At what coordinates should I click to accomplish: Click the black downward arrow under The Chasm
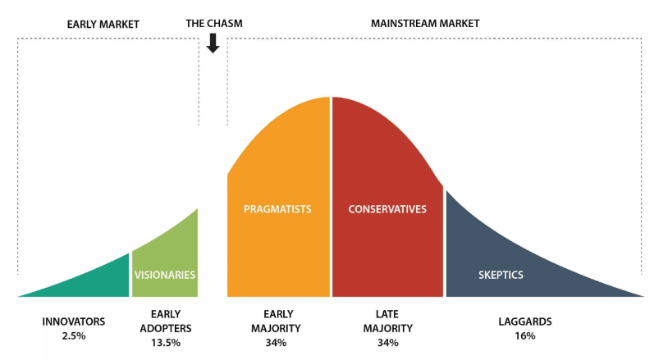[213, 43]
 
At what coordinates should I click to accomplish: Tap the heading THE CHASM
[214, 24]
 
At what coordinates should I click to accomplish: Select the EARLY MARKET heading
[103, 25]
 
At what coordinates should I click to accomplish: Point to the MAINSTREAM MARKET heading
[425, 24]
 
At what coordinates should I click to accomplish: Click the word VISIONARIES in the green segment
[165, 275]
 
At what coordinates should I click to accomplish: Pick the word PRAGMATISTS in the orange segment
[277, 209]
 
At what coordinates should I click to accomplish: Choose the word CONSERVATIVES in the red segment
[387, 209]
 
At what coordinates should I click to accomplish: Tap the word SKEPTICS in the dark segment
[501, 275]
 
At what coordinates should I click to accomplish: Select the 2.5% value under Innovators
[74, 335]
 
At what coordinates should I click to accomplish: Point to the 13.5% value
[166, 343]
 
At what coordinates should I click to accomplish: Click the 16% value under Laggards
[525, 335]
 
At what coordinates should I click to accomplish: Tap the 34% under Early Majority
[276, 343]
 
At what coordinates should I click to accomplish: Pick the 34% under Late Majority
[387, 343]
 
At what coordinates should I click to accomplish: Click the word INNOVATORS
[74, 321]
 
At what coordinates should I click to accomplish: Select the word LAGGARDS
[525, 321]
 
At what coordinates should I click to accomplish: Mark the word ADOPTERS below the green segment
[166, 329]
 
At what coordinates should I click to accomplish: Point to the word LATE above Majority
[387, 314]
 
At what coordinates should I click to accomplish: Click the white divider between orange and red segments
[331, 197]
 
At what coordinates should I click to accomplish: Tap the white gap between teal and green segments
[130, 275]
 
